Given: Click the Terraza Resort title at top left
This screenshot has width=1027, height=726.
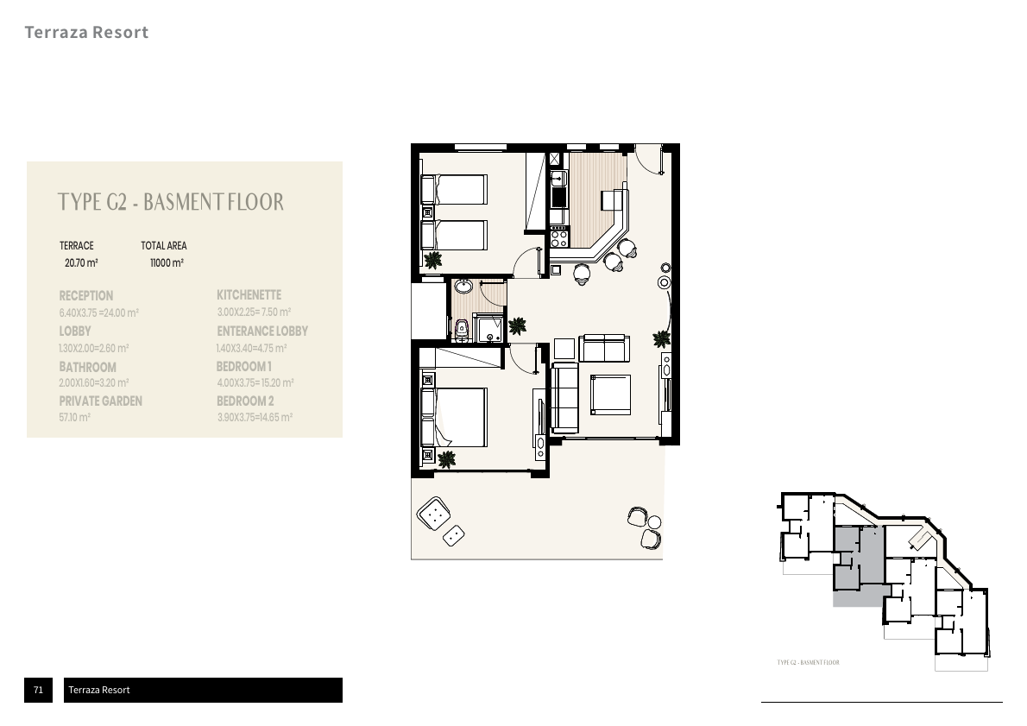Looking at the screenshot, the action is click(86, 32).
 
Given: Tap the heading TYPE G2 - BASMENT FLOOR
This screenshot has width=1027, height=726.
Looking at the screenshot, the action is click(171, 202).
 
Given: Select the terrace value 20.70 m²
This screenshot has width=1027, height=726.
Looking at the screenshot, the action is click(81, 262).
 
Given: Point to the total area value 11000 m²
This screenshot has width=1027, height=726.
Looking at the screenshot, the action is click(167, 262).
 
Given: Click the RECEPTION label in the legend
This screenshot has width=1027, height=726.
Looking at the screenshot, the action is click(85, 295).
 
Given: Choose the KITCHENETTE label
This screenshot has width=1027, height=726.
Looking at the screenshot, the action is click(249, 295).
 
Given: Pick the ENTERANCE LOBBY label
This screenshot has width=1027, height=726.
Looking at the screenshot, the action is click(262, 331).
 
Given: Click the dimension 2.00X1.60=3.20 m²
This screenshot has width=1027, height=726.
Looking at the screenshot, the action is click(94, 382).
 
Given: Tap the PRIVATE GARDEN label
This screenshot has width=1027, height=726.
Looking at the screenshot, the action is click(100, 401).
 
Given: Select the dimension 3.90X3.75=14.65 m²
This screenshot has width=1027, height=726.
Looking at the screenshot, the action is click(255, 417).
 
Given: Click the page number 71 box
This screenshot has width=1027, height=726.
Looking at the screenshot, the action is click(39, 690).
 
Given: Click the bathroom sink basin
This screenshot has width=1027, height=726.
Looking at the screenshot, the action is click(463, 287).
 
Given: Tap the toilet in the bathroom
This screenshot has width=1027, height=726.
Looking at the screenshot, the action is click(461, 330).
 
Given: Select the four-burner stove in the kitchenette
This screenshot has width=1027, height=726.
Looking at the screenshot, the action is click(558, 236).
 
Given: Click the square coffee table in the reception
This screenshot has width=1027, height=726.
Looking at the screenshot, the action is click(610, 395).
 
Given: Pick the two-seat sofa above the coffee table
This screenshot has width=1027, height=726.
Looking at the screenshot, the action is click(604, 348).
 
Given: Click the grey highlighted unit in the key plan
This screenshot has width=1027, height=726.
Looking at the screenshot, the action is click(858, 564).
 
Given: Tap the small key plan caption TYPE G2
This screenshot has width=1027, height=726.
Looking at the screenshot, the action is click(809, 662).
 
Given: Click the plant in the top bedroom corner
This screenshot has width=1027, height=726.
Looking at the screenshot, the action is click(432, 261).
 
